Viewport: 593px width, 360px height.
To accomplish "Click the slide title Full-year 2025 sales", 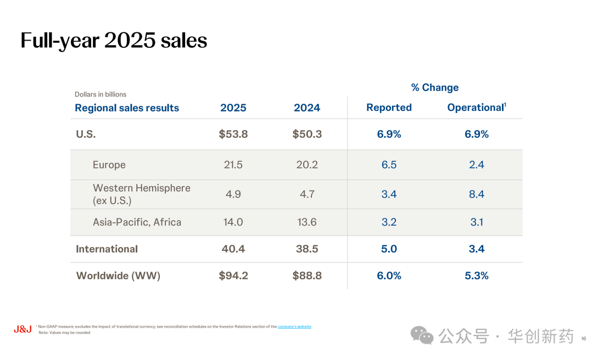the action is [114, 41].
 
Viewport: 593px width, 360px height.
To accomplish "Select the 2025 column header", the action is [233, 108].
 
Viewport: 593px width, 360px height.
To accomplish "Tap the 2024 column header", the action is [307, 108].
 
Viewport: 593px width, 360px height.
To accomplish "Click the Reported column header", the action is [389, 108].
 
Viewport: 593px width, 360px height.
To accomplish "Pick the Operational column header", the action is [477, 108].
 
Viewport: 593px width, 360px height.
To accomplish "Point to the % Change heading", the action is [435, 87].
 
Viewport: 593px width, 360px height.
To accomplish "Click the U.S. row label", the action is [86, 134].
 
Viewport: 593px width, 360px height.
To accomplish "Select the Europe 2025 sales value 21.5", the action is [233, 165].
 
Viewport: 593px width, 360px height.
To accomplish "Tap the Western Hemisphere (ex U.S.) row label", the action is [142, 194].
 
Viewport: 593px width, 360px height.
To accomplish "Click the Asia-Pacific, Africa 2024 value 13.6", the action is [307, 222].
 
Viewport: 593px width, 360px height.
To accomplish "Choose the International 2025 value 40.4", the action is [233, 249].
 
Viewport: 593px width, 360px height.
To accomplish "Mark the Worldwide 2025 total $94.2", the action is [233, 275].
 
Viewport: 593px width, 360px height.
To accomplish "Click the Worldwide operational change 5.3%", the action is [477, 275].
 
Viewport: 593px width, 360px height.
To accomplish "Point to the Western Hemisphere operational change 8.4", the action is [477, 194].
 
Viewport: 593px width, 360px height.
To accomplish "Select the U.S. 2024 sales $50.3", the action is [307, 134].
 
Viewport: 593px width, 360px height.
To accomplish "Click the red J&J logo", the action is [23, 329].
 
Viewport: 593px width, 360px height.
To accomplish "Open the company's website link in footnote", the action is [294, 327].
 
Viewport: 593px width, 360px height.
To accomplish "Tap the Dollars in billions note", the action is [100, 94].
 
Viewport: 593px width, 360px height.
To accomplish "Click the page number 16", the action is [584, 339].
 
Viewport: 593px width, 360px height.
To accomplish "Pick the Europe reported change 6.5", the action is [389, 165].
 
